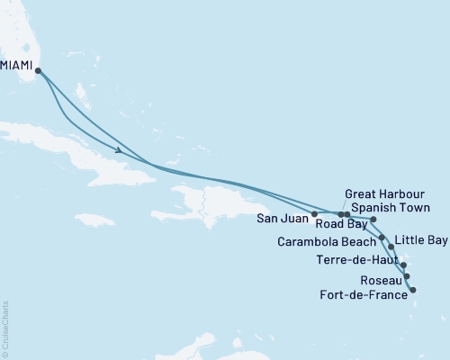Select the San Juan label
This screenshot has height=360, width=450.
click(282, 217)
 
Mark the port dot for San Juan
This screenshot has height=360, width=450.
click(314, 214)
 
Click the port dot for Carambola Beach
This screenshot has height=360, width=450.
click(382, 238)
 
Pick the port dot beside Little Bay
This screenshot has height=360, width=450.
click(390, 246)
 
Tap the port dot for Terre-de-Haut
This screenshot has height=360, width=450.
click(403, 265)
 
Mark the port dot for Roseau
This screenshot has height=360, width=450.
click(407, 276)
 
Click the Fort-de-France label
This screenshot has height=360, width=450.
click(362, 292)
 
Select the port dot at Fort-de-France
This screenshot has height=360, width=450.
click(412, 290)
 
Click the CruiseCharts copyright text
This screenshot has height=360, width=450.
click(4, 328)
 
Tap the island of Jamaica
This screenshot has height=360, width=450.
click(95, 220)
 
